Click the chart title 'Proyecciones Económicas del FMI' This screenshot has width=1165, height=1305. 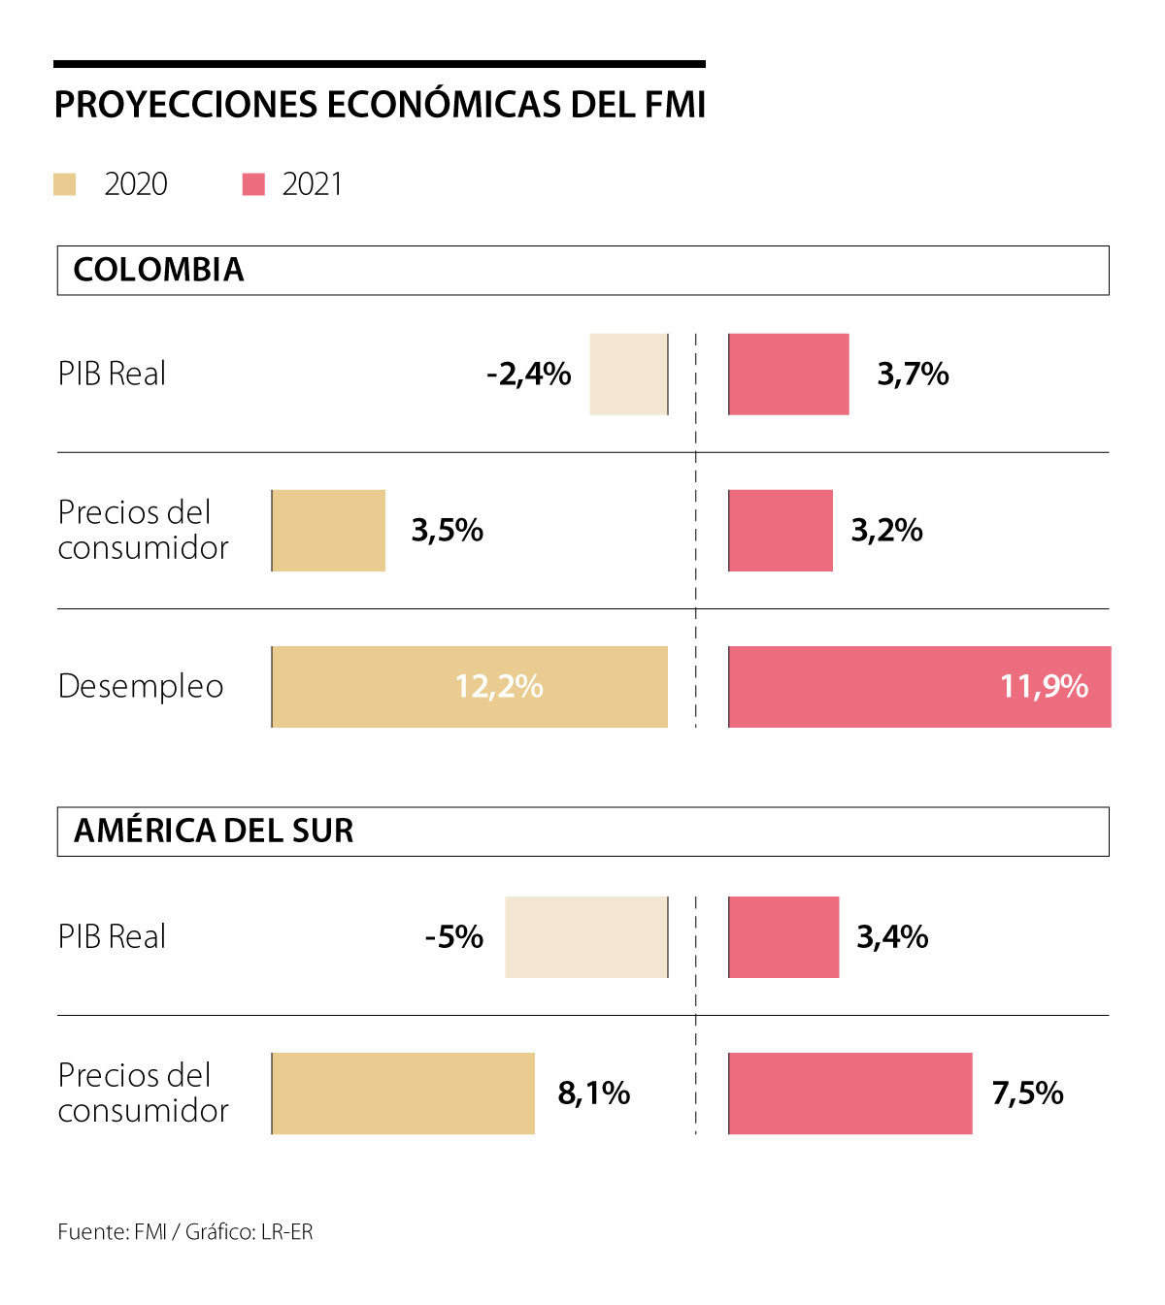click(x=380, y=105)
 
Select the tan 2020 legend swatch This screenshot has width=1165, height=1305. click(x=65, y=184)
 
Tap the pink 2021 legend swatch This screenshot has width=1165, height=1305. click(x=253, y=184)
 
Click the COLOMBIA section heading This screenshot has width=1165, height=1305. click(x=158, y=270)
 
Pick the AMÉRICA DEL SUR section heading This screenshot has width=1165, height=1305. click(x=214, y=832)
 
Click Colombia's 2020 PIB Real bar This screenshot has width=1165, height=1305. click(x=628, y=375)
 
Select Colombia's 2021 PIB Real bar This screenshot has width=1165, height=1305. click(x=788, y=375)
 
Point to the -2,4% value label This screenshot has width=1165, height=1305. click(x=529, y=375)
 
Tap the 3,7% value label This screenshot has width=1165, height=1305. click(x=913, y=375)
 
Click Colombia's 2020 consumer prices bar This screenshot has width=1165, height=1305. click(x=328, y=531)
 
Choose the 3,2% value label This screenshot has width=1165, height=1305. click(x=886, y=531)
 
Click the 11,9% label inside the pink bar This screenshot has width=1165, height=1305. click(x=1044, y=687)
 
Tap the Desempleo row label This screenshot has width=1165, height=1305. click(x=141, y=687)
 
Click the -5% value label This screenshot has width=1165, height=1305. click(x=454, y=937)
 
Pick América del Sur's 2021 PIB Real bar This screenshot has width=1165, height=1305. click(x=783, y=937)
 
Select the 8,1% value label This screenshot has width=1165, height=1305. click(x=593, y=1093)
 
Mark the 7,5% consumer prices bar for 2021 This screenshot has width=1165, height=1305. click(x=849, y=1093)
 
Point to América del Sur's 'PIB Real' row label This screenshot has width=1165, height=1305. click(x=112, y=937)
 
